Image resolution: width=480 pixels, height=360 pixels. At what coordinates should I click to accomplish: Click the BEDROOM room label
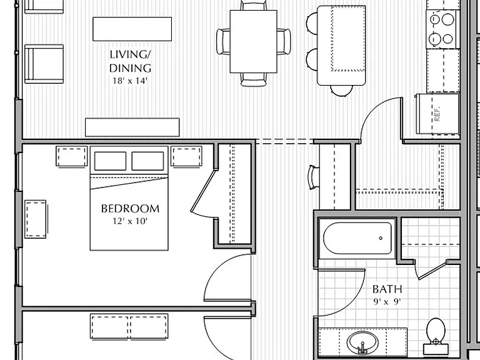pos(130,209)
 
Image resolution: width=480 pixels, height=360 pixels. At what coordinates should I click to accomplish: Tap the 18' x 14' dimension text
pos(130,81)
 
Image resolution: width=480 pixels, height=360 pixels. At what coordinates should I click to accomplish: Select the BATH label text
pos(387,289)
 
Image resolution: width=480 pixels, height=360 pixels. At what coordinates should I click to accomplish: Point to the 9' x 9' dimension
pos(387,302)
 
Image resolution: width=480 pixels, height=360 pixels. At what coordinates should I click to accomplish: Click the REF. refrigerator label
pos(437,114)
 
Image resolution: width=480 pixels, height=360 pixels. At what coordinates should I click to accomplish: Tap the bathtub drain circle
pos(381,238)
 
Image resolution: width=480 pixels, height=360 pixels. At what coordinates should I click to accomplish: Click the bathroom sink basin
pos(362,343)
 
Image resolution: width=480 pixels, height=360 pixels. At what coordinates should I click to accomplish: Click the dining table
pos(254,41)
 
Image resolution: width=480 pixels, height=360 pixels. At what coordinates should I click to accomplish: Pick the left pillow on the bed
pos(110,161)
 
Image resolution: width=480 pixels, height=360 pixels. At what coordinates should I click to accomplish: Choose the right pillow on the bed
pos(147,161)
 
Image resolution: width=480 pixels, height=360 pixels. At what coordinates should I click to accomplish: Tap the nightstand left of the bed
pos(72,156)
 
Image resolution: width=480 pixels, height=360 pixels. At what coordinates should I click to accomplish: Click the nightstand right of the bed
pos(186,156)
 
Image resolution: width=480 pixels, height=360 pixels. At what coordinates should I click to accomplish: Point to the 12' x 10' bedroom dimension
pos(130,221)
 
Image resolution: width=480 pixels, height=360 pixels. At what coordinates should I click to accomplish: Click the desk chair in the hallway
pos(314,177)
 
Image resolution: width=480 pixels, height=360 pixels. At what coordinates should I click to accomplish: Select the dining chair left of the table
pos(223,42)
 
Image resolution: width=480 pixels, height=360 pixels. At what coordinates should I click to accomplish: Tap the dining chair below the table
pos(253,79)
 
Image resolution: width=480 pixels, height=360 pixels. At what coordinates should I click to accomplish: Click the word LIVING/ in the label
pos(130,54)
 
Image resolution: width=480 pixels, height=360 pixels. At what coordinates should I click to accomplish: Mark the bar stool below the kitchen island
pos(341,90)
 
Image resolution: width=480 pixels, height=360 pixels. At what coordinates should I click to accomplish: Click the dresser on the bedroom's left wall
pos(36,219)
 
